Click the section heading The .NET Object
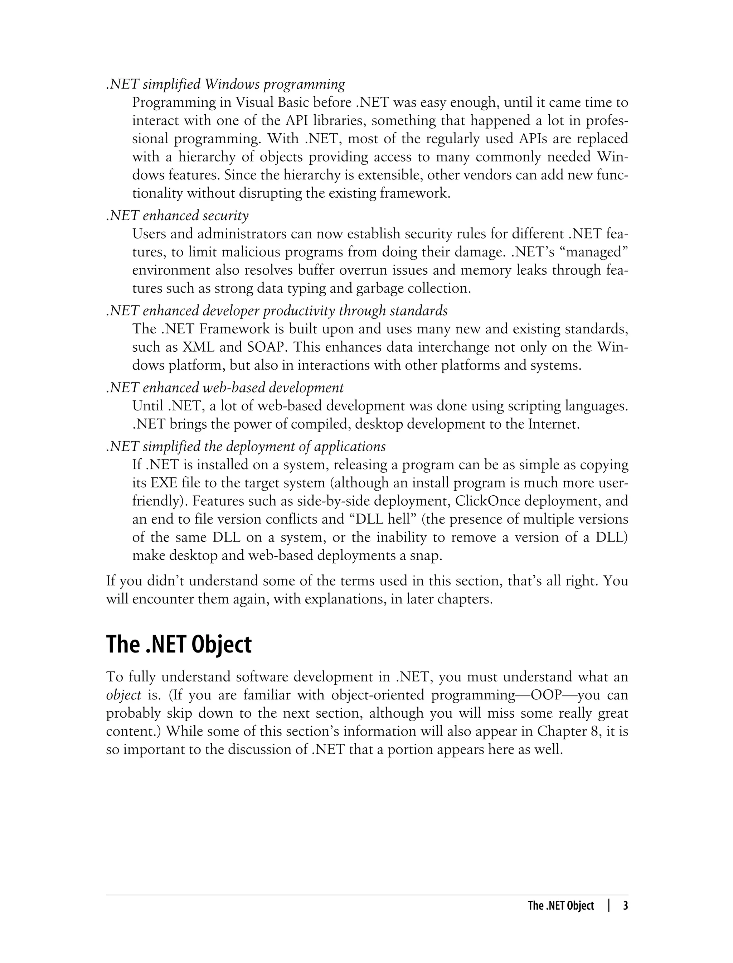pos(179,645)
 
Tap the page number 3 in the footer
pos(625,906)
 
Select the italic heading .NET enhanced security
pos(178,216)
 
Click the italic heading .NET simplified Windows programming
pos(225,84)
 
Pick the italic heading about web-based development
pos(225,387)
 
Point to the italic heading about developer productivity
pos(277,311)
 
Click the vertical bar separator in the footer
pos(609,906)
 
